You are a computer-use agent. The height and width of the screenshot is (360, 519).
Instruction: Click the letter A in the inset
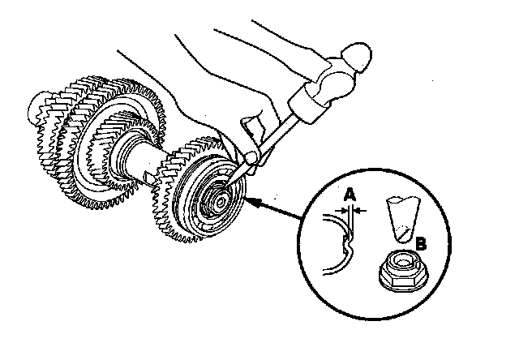click(x=350, y=195)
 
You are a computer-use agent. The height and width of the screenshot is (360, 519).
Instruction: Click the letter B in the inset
click(x=421, y=242)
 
